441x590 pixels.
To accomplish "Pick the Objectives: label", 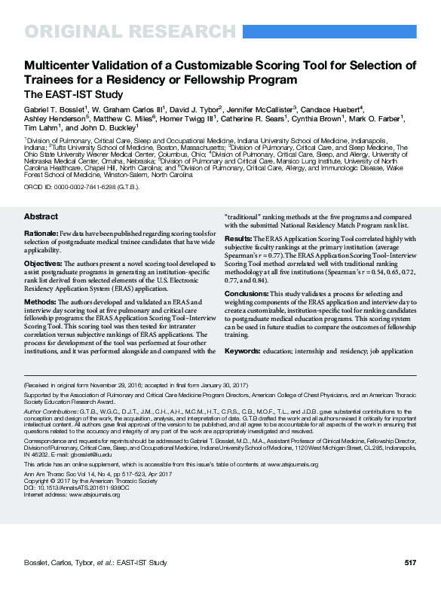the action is point(44,264).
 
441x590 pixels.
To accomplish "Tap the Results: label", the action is point(240,237).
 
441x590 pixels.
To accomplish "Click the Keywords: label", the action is point(242,351).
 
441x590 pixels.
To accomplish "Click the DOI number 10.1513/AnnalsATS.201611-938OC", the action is point(83,485).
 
